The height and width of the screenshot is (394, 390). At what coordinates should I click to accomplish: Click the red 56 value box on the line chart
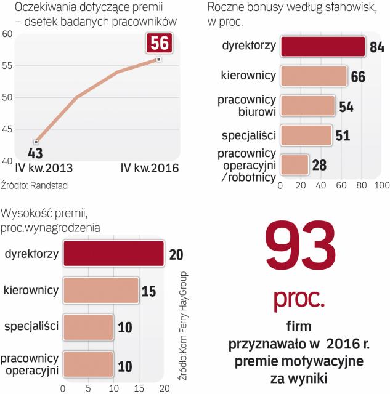pos(160,44)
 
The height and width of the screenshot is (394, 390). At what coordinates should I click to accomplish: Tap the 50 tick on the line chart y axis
pos(8,97)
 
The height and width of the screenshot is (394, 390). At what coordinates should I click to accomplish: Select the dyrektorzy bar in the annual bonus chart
pos(323,47)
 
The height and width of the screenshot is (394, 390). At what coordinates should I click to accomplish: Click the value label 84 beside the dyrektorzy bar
pos(376,47)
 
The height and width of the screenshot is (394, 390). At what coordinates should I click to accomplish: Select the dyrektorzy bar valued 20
pos(113,254)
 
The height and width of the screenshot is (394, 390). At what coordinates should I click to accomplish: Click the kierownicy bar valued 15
pos(100,290)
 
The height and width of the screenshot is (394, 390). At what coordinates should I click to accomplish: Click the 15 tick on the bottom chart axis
pos(139,388)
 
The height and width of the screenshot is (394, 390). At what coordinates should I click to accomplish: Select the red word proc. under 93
pos(299,298)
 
